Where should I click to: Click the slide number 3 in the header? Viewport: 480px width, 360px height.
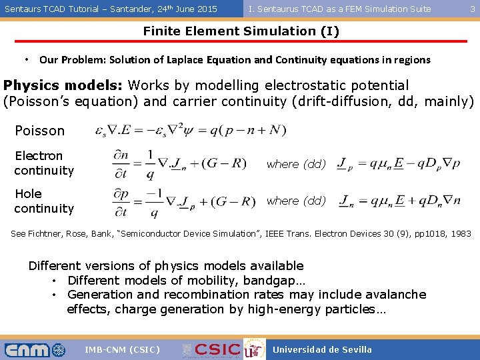pos(473,9)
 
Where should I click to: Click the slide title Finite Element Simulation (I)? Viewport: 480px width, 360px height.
pos(240,31)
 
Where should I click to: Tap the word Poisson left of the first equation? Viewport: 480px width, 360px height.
pos(39,131)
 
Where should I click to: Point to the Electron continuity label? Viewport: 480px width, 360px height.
pos(43,163)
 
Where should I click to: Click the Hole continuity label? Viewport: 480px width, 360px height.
pos(43,201)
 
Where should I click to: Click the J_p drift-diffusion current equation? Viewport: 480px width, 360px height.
pos(399,163)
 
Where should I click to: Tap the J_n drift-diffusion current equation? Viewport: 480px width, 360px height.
pos(399,200)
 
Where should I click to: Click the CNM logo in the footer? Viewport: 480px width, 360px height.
pos(35,349)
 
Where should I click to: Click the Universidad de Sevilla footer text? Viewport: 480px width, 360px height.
pos(322,349)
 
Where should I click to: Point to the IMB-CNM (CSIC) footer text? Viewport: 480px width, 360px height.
pos(123,349)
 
